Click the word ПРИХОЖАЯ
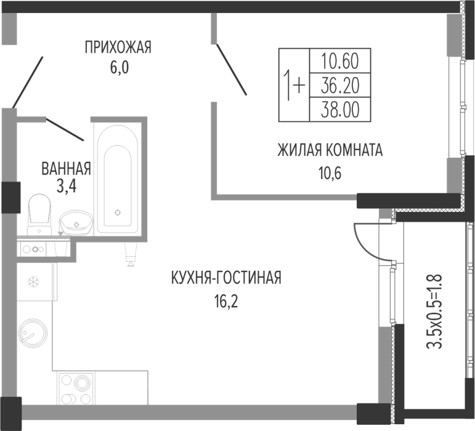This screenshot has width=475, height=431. click(118, 47)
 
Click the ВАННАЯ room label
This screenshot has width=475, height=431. click(66, 167)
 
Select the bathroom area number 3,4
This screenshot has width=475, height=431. click(66, 186)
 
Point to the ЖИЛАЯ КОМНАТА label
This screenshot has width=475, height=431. click(330, 150)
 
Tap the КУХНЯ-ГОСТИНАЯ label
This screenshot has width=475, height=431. click(226, 278)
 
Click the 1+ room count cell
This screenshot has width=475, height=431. click(293, 84)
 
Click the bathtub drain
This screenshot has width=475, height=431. click(118, 212)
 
